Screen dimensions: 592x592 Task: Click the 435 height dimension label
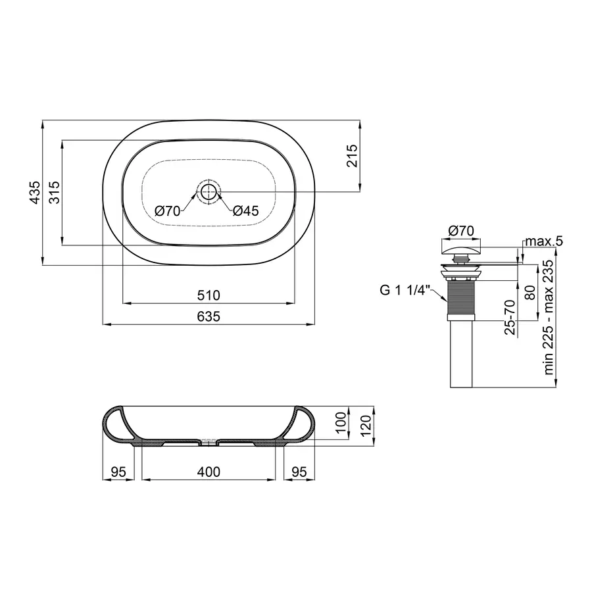(35, 192)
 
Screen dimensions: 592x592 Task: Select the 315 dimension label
(55, 192)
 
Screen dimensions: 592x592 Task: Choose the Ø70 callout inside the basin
(168, 211)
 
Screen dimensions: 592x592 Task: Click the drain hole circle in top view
(209, 192)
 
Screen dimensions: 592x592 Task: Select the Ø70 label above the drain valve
(460, 230)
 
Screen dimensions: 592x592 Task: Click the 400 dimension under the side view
(209, 472)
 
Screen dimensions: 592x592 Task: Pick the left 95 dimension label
(118, 472)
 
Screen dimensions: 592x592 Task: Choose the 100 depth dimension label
(340, 421)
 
